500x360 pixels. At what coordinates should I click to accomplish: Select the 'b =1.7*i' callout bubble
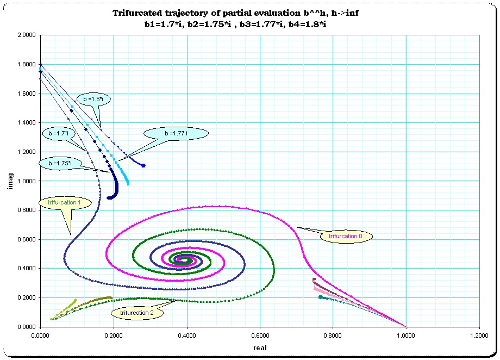click(x=58, y=133)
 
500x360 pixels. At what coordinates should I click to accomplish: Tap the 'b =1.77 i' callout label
click(x=176, y=133)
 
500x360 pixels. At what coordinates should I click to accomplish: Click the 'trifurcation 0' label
click(x=345, y=236)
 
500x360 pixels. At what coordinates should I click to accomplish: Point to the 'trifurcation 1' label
click(x=64, y=202)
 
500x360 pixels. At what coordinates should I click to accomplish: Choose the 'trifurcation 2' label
click(x=136, y=313)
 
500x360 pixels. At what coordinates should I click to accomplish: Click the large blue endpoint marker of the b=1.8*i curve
click(x=143, y=165)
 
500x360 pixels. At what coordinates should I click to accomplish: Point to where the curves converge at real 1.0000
click(x=406, y=327)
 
